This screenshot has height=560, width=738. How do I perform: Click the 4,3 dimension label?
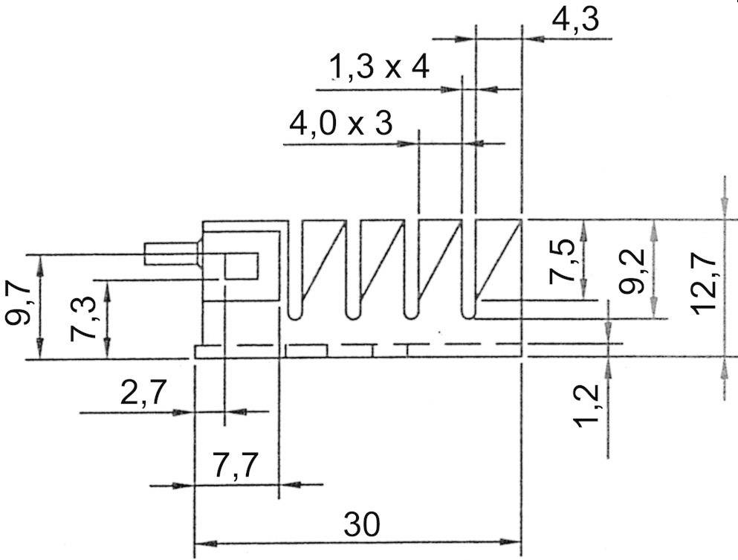pyautogui.click(x=573, y=21)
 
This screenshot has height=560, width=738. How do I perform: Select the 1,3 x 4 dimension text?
pyautogui.click(x=380, y=69)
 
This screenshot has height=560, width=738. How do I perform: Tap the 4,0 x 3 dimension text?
pyautogui.click(x=341, y=123)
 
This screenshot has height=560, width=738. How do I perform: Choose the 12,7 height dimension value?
pyautogui.click(x=703, y=283)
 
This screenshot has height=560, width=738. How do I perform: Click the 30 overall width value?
pyautogui.click(x=361, y=526)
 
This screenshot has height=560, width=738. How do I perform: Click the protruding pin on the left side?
pyautogui.click(x=172, y=253)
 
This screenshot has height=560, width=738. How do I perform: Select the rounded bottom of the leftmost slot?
pyautogui.click(x=294, y=314)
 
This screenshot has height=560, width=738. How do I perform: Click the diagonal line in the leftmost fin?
pyautogui.click(x=325, y=260)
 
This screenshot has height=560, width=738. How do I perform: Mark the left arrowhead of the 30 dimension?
pyautogui.click(x=204, y=541)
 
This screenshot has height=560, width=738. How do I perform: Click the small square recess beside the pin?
pyautogui.click(x=242, y=265)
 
